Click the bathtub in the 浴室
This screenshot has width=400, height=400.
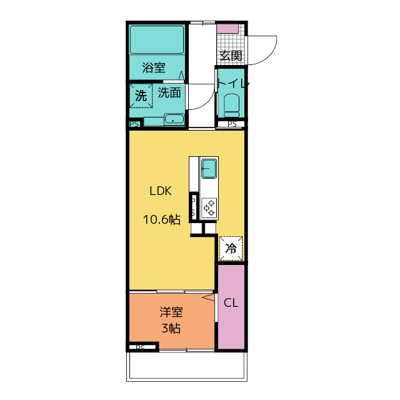pyautogui.click(x=157, y=39)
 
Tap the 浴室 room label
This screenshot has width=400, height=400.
pyautogui.click(x=154, y=67)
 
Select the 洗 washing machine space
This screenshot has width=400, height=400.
pyautogui.click(x=141, y=96)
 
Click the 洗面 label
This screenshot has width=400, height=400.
pyautogui.click(x=169, y=92)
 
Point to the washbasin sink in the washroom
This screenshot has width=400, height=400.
pyautogui.click(x=174, y=119)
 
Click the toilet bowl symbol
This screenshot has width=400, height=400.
pyautogui.click(x=231, y=106)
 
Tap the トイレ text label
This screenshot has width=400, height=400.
pyautogui.click(x=233, y=83)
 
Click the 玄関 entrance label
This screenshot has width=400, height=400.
pyautogui.click(x=231, y=56)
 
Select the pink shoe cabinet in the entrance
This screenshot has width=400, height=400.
pyautogui.click(x=227, y=28)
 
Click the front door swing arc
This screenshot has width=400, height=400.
pyautogui.click(x=270, y=56)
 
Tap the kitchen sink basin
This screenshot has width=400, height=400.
pyautogui.click(x=209, y=169)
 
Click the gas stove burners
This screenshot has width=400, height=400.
pyautogui.click(x=209, y=208)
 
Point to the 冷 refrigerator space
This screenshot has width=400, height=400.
pyautogui.click(x=231, y=249)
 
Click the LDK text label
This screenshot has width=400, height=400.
pyautogui.click(x=161, y=191)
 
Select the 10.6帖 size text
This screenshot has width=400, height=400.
pyautogui.click(x=162, y=219)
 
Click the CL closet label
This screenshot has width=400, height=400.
pyautogui.click(x=231, y=302)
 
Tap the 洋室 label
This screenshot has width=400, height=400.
pyautogui.click(x=171, y=312)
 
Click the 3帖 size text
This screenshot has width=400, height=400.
pyautogui.click(x=171, y=328)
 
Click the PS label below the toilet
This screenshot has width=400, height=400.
pyautogui.click(x=232, y=124)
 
